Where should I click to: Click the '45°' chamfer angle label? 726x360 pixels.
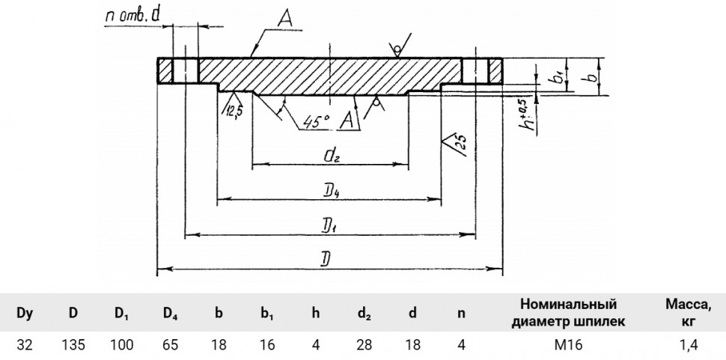point(317,122)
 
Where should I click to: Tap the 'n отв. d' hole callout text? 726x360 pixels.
point(132,16)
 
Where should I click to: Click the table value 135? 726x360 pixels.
point(73,345)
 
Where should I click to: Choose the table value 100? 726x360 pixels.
point(122,345)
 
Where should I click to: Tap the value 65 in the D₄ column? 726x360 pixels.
point(171,345)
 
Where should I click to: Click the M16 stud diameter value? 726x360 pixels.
point(568,345)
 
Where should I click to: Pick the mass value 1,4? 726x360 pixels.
point(688,345)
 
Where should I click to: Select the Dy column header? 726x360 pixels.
point(25,314)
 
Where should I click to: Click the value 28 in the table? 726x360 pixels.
point(364,345)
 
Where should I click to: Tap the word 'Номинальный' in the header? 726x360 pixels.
point(569,304)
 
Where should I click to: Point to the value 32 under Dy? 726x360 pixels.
point(25,345)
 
